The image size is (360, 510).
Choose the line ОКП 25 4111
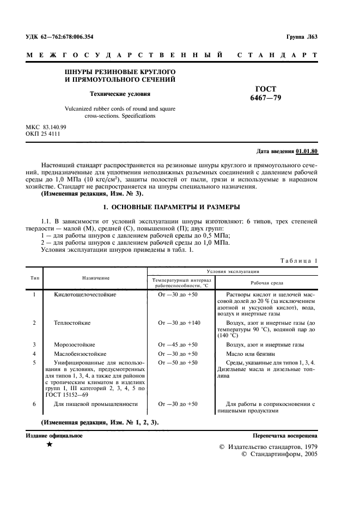44,133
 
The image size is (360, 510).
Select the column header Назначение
96,278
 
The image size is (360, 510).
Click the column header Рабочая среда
266,283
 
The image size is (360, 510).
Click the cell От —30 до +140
179,323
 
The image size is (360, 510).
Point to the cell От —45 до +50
178,344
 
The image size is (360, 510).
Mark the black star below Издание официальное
50,445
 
